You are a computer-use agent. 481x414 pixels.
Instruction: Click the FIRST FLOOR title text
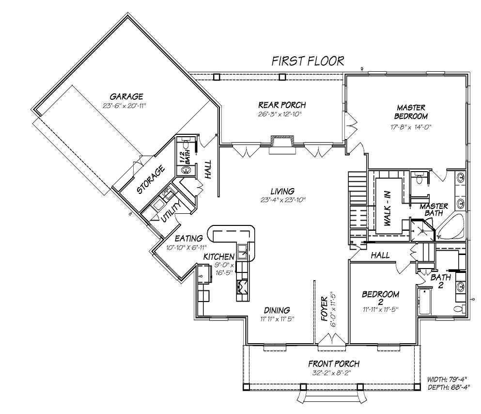tap(308, 61)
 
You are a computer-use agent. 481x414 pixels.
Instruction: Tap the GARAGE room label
tap(126, 96)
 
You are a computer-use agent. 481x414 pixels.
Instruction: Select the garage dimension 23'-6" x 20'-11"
tap(124, 105)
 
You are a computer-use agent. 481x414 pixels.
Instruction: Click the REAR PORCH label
tap(282, 105)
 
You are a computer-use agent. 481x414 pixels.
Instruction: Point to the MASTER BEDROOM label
tap(411, 112)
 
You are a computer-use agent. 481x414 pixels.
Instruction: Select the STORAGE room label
tap(151, 180)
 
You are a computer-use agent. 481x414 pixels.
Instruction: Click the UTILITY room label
tap(173, 211)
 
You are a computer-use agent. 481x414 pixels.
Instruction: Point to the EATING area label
tap(188, 239)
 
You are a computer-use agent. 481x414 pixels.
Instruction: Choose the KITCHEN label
tap(219, 256)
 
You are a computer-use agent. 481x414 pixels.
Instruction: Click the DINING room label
tap(277, 310)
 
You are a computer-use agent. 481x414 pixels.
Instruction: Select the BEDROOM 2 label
tap(381, 298)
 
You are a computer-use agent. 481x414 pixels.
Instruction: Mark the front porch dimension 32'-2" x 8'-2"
tap(334, 373)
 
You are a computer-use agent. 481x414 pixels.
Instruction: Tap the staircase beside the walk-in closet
tap(357, 204)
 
